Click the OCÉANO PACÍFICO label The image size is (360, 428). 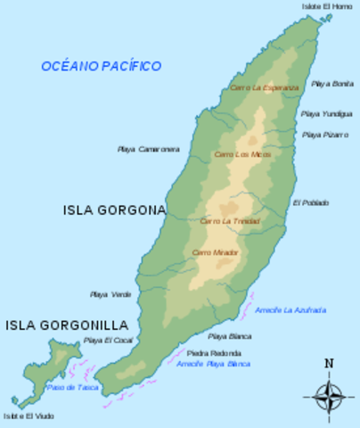tap(101, 66)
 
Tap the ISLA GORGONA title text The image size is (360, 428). tap(115, 210)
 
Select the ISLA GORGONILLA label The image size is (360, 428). tap(67, 325)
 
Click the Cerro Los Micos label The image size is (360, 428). tap(242, 154)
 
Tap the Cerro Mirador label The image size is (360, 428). tap(215, 253)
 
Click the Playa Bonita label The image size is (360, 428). tap(331, 84)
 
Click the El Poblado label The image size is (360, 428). tap(310, 202)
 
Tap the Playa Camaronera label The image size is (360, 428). tap(148, 149)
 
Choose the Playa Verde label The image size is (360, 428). tap(110, 294)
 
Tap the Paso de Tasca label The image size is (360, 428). tap(72, 387)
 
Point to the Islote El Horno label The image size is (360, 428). tap(326, 6)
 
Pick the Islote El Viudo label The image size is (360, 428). tap(28, 416)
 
